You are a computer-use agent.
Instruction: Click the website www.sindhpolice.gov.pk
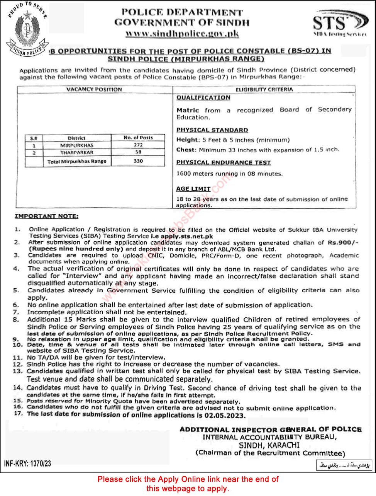pos(182,34)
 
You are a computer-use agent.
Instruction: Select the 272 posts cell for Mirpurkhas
pos(138,145)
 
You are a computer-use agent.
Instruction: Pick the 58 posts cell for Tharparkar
pos(138,152)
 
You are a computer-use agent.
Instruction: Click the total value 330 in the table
pos(138,161)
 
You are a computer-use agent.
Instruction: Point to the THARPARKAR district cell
pos(77,152)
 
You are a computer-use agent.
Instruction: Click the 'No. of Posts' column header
pos(138,138)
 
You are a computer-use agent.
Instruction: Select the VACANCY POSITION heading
pos(94,89)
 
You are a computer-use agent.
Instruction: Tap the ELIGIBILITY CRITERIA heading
pos(264,89)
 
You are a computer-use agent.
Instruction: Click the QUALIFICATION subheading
pos(203,98)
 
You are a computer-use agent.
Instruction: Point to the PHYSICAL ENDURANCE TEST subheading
pos(223,162)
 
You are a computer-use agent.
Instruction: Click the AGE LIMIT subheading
pos(193,189)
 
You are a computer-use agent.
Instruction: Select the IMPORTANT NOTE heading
pos(46,216)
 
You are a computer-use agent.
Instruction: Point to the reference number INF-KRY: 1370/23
pos(27,463)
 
